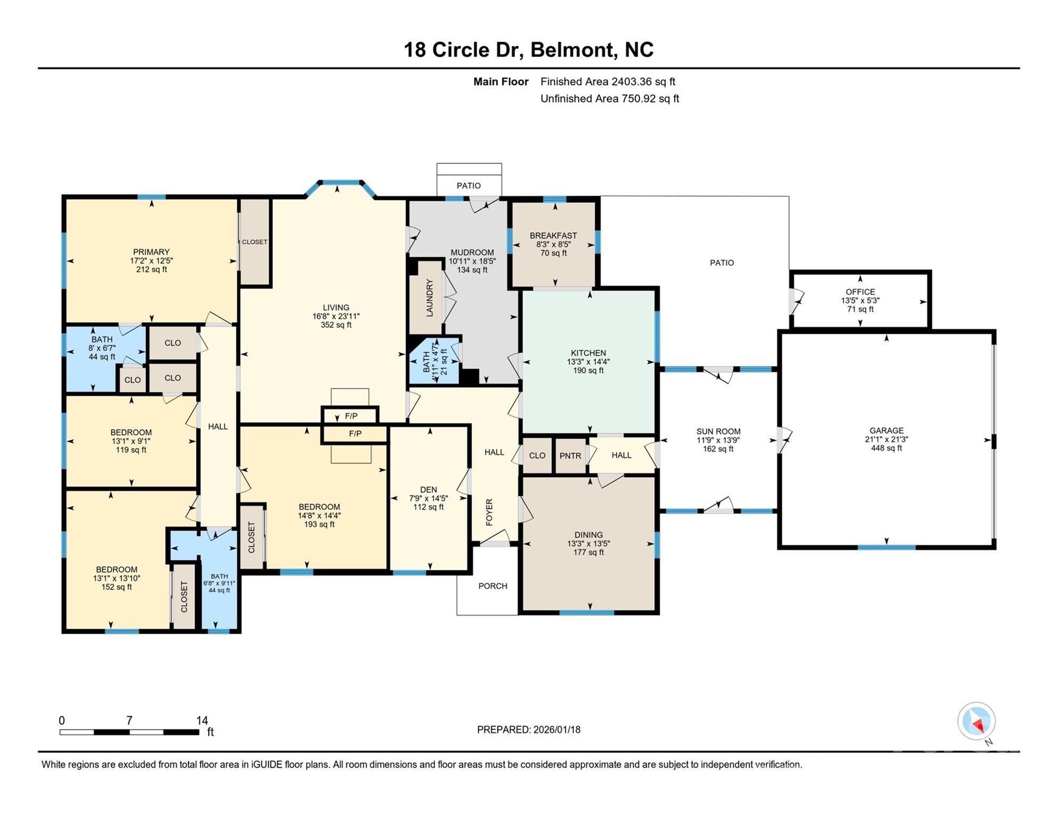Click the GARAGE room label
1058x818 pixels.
(x=886, y=430)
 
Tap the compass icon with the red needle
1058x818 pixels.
(x=976, y=722)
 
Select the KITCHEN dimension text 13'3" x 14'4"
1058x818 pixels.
(x=588, y=362)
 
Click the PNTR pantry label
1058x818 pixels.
(x=570, y=456)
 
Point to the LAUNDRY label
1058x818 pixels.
(x=429, y=298)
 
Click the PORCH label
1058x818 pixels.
(x=492, y=586)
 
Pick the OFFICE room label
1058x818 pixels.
(x=860, y=292)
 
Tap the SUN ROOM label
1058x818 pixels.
(x=718, y=431)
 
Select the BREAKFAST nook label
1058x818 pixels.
(x=553, y=235)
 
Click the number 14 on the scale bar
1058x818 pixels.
(x=202, y=721)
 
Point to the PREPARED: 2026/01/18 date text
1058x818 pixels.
(x=528, y=730)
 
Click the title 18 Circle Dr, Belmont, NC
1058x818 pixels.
(x=528, y=50)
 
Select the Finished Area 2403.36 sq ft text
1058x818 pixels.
(x=607, y=81)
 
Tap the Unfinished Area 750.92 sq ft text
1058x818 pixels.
(x=609, y=99)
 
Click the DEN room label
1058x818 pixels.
(x=428, y=489)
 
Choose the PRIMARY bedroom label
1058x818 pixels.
(x=151, y=252)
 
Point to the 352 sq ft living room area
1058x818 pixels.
(x=336, y=325)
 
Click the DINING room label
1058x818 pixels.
(x=588, y=535)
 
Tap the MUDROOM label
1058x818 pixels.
(x=472, y=252)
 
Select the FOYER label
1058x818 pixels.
(x=489, y=512)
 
